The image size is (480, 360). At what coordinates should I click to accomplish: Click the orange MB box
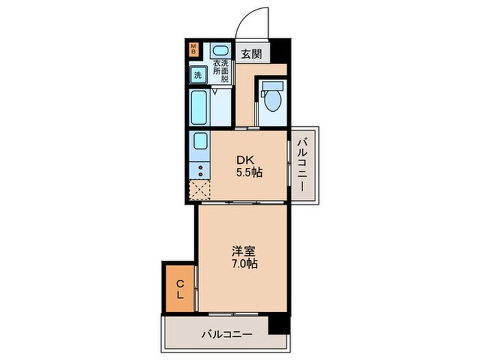pyautogui.click(x=194, y=49)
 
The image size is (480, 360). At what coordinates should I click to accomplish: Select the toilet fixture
pyautogui.click(x=273, y=100)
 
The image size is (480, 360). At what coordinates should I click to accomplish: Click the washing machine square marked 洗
pyautogui.click(x=197, y=75)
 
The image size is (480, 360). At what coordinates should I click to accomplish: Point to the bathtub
pyautogui.click(x=200, y=106)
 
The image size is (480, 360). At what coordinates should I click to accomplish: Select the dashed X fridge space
pyautogui.click(x=200, y=189)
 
